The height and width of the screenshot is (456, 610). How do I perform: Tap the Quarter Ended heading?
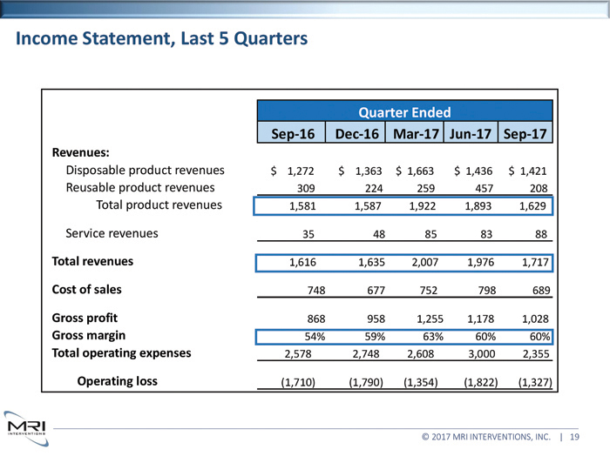point(405,112)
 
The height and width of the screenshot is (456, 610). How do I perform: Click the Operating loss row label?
point(119,380)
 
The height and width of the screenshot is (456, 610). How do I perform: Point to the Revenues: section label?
point(80,151)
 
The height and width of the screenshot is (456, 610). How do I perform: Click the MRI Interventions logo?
point(26,428)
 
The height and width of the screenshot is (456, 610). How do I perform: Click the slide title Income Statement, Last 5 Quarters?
point(161,39)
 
